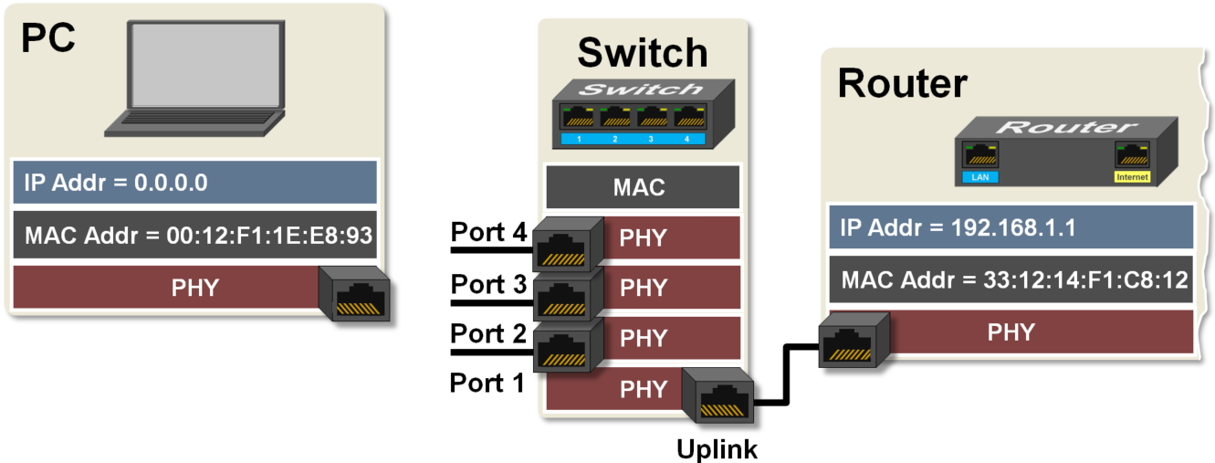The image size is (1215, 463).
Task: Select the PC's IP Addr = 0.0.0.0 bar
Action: [x=195, y=183]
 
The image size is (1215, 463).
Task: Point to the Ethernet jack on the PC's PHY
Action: [x=357, y=294]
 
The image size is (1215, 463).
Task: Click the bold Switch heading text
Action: [x=642, y=53]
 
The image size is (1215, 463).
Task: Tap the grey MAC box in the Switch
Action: [x=642, y=188]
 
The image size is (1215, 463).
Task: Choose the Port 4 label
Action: [x=488, y=232]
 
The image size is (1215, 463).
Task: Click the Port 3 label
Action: [x=488, y=283]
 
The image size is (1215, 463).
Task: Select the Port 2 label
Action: [x=488, y=333]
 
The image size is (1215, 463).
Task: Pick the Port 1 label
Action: [x=488, y=383]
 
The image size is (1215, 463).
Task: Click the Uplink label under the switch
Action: [x=717, y=449]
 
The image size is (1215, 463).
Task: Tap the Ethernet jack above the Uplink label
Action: [x=723, y=395]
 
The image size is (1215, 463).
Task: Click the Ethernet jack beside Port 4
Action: [x=565, y=245]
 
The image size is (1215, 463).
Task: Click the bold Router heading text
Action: [x=902, y=83]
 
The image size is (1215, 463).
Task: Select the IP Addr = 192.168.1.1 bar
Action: [x=1010, y=227]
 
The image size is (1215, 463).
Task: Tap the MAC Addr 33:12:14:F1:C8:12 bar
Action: [x=1010, y=280]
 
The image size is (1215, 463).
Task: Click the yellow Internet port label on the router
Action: [x=1132, y=176]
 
